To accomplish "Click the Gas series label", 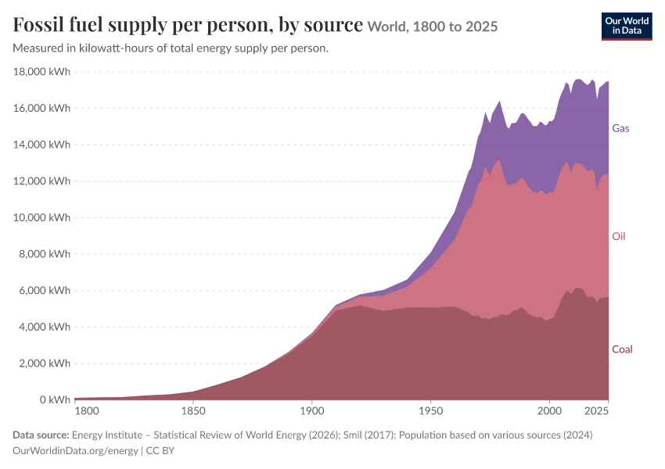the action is click(x=620, y=128).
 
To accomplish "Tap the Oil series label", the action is click(x=618, y=236).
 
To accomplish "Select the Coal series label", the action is click(x=622, y=349).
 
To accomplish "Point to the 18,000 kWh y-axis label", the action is click(x=41, y=71).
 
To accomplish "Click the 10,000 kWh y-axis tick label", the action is click(x=41, y=217).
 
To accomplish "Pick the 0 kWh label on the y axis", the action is click(x=55, y=399).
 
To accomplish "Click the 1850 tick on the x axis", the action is click(x=193, y=410).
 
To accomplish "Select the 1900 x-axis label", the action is click(x=311, y=410).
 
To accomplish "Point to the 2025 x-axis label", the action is click(x=596, y=410).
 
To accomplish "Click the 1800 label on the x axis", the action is click(x=87, y=410).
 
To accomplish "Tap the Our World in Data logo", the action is click(x=627, y=27).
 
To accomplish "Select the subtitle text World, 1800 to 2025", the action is click(x=433, y=27).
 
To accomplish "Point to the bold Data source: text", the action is click(x=41, y=435).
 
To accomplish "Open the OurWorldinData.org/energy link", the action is click(x=75, y=450).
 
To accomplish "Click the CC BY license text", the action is click(x=160, y=450).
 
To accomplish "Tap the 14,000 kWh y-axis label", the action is click(x=41, y=145).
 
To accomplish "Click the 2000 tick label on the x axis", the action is click(x=549, y=410).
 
